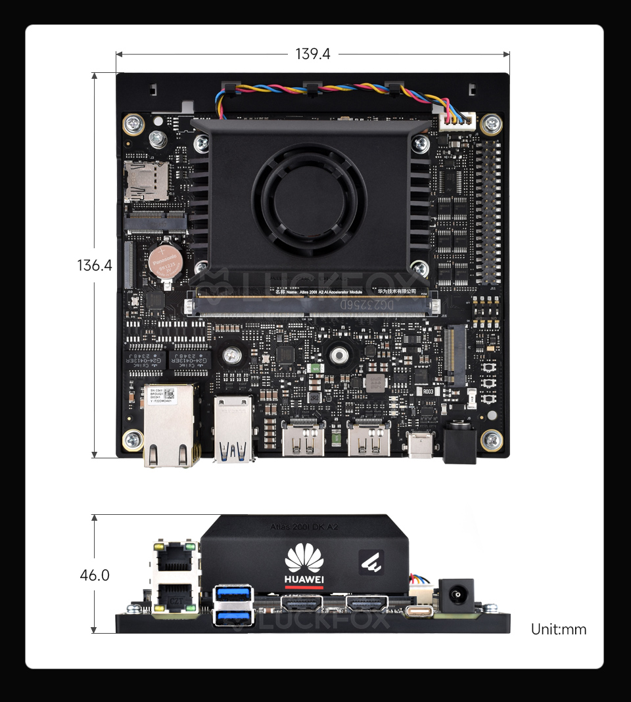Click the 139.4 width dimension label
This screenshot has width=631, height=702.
click(313, 54)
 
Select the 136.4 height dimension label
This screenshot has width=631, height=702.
click(95, 265)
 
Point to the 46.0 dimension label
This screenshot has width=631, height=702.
click(95, 575)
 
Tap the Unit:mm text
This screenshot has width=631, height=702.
click(558, 629)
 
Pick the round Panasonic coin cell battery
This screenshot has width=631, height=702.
click(165, 262)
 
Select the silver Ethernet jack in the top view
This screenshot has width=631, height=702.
click(172, 425)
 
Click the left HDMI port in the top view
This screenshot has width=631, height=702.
click(303, 439)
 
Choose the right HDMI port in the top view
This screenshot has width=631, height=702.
click(368, 439)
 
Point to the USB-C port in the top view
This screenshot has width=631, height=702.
click(421, 444)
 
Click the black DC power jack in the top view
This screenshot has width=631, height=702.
click(459, 443)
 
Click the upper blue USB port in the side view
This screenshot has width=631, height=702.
click(233, 594)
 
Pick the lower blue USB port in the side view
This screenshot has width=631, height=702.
click(233, 617)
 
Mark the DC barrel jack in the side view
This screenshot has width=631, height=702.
click(456, 594)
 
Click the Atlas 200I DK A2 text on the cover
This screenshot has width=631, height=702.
click(304, 527)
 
